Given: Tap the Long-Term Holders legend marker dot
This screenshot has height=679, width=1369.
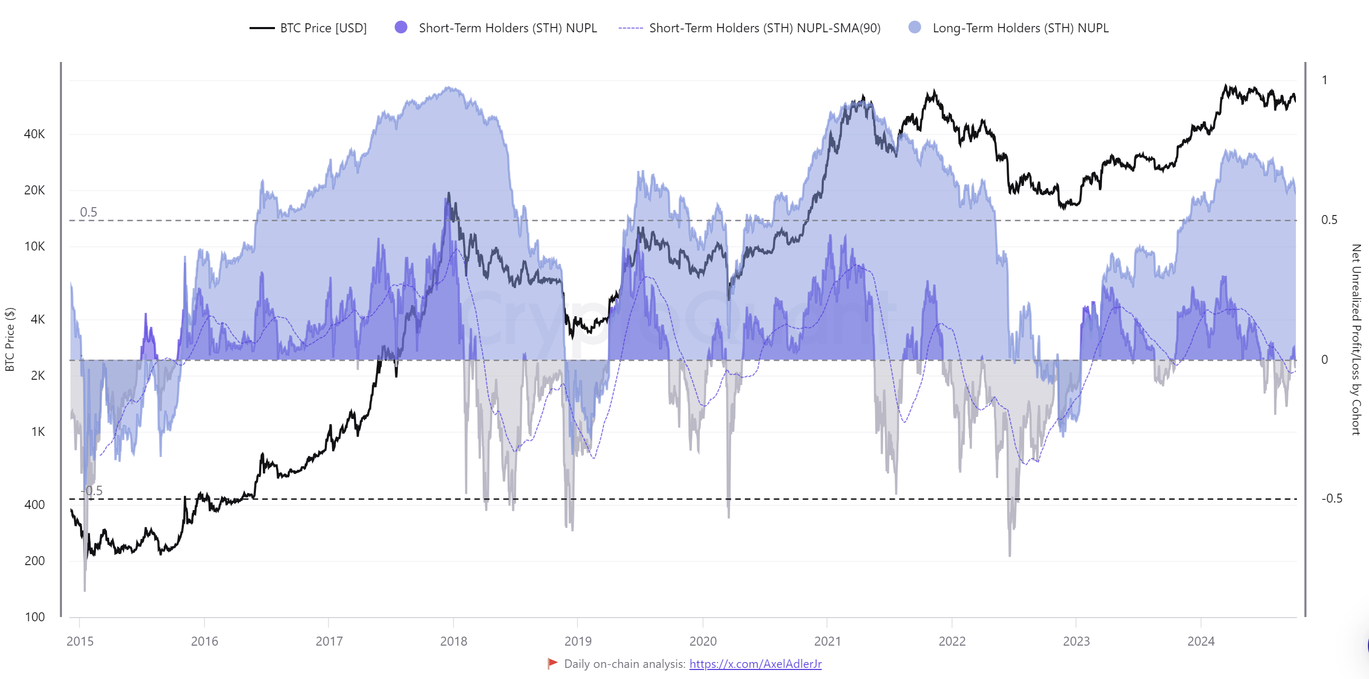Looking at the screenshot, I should [914, 27].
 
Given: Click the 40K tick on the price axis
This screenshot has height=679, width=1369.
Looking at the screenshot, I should [34, 134].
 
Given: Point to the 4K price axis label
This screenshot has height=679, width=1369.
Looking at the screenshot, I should [38, 319].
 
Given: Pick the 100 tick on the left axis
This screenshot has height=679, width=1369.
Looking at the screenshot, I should [34, 617].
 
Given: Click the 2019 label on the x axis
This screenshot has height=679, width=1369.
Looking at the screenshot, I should [577, 641].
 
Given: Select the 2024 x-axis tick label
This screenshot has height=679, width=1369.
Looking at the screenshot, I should [1201, 641].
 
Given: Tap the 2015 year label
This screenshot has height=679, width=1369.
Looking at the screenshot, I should [79, 641].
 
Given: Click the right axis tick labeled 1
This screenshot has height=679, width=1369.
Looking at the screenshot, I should [1324, 80].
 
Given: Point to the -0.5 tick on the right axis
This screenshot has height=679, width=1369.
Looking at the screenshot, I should [1331, 498].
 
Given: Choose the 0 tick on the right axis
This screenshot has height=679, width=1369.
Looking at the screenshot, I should [1324, 360].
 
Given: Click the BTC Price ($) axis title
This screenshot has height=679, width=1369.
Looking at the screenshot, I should [10, 339].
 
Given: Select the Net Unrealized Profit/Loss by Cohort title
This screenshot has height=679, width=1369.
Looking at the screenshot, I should [1356, 339].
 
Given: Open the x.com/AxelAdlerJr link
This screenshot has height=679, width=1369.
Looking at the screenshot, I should [755, 664].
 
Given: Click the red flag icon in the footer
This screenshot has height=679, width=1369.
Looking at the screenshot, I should [553, 663].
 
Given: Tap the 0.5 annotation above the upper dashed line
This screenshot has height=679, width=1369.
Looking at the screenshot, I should [88, 212].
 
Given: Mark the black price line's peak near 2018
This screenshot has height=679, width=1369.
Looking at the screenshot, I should [449, 193].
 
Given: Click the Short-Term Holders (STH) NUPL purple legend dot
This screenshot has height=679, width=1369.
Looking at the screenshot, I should [401, 27].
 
